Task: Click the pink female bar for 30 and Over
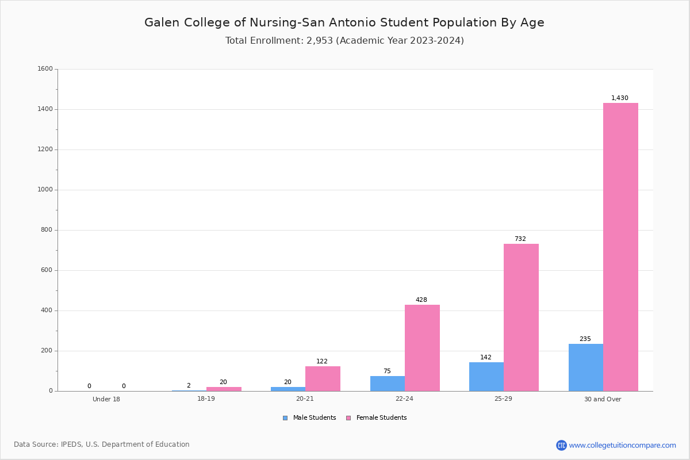point(620,247)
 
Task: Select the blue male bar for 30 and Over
point(586,367)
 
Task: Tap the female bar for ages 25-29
point(521,317)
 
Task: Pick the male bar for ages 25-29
point(486,377)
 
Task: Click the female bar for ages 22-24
point(422,348)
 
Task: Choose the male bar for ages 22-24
point(388,384)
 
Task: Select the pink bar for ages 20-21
point(323,379)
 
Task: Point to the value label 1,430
point(619,98)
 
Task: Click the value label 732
point(520,239)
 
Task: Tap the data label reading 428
point(421,300)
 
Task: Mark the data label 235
point(585,339)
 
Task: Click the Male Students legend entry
point(309,418)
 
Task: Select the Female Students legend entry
point(377,418)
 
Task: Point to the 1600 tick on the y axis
point(45,68)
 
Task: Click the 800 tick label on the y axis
point(47,230)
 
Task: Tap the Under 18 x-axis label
point(106,399)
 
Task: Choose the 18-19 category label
point(206,398)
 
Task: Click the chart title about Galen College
point(344,22)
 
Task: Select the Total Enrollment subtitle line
point(344,41)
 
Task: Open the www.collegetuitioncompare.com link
point(622,445)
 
